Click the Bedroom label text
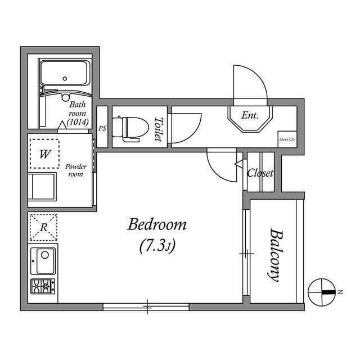(157, 226)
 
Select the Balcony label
(274, 254)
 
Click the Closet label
(260, 173)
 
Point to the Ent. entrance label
(249, 115)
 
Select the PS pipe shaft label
(102, 128)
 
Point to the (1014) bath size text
(76, 121)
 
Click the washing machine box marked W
(44, 153)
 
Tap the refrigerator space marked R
(43, 227)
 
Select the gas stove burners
(43, 286)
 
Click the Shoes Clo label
(287, 139)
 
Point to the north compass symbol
(322, 292)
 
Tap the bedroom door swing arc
(222, 166)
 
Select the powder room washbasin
(43, 186)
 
